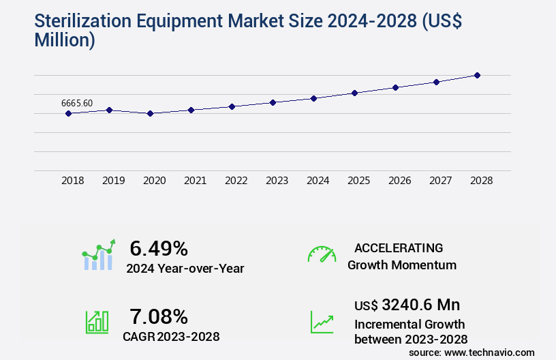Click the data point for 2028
[x=477, y=75]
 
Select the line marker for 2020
[x=150, y=113]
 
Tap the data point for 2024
[x=313, y=98]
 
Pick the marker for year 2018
[x=68, y=113]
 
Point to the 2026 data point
[x=395, y=87]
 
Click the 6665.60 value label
[x=77, y=103]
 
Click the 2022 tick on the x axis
[x=236, y=181]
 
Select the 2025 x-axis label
[x=358, y=181]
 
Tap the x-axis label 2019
[x=113, y=181]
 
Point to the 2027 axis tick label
[x=440, y=181]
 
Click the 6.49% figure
[x=159, y=248]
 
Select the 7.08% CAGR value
[x=159, y=316]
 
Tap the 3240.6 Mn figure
[x=420, y=304]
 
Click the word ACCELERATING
[x=399, y=247]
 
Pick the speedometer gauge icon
[x=322, y=254]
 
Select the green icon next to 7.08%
[x=97, y=322]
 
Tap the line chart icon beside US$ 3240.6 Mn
[x=322, y=322]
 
